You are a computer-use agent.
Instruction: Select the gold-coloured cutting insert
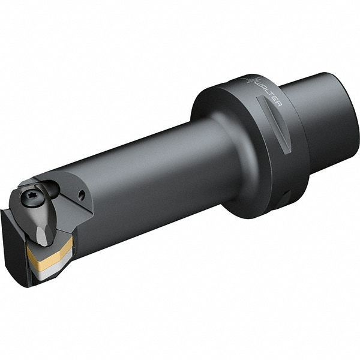(x=51, y=252)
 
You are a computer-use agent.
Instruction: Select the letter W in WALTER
(x=259, y=83)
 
